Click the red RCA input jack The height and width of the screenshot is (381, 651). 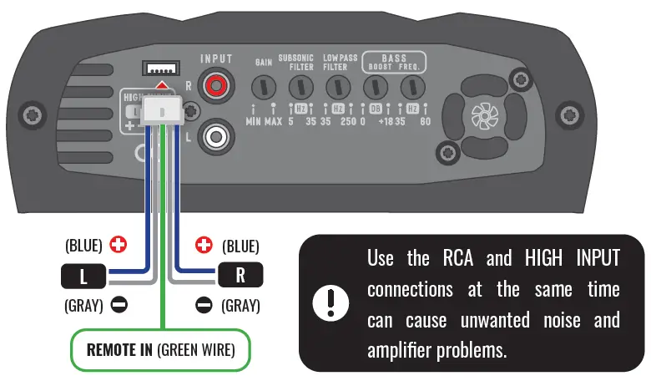coord(216,84)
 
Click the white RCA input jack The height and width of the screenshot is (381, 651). coord(216,134)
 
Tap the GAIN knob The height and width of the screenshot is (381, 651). coord(265,87)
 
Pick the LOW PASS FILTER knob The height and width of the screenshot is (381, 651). coord(337,87)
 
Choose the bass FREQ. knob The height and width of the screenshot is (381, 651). coord(411,87)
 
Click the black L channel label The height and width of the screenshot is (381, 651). coord(83,275)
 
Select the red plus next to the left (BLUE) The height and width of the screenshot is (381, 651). coord(119,246)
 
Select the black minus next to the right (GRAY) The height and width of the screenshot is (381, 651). coord(204,306)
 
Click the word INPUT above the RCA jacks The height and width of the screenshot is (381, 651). coord(216,59)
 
